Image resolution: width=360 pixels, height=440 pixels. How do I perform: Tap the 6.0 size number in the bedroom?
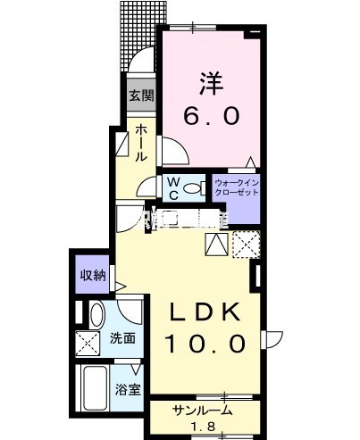pyautogui.click(x=213, y=117)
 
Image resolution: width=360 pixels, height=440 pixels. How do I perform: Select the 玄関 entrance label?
pyautogui.click(x=138, y=96)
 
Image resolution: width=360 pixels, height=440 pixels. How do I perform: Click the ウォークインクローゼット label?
pyautogui.click(x=236, y=188)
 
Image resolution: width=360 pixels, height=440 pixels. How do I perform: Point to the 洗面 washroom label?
pyautogui.click(x=123, y=339)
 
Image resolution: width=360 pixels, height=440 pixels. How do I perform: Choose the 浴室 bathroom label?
pyautogui.click(x=126, y=389)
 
